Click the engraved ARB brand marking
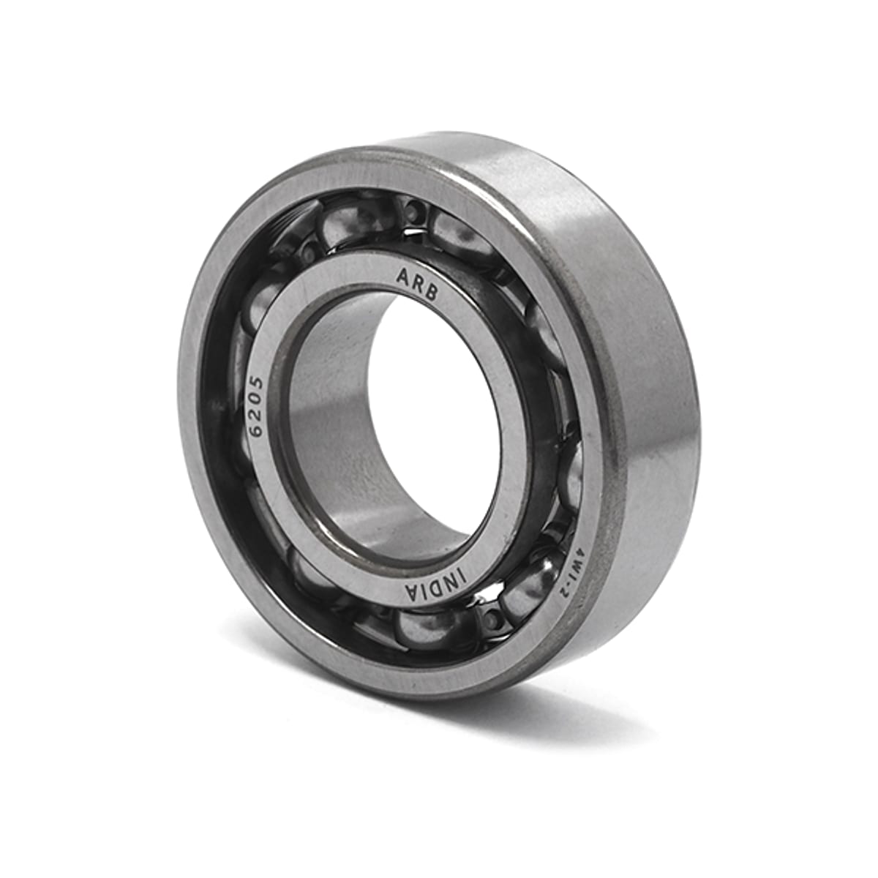tap(418, 285)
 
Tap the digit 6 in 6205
tap(259, 429)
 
